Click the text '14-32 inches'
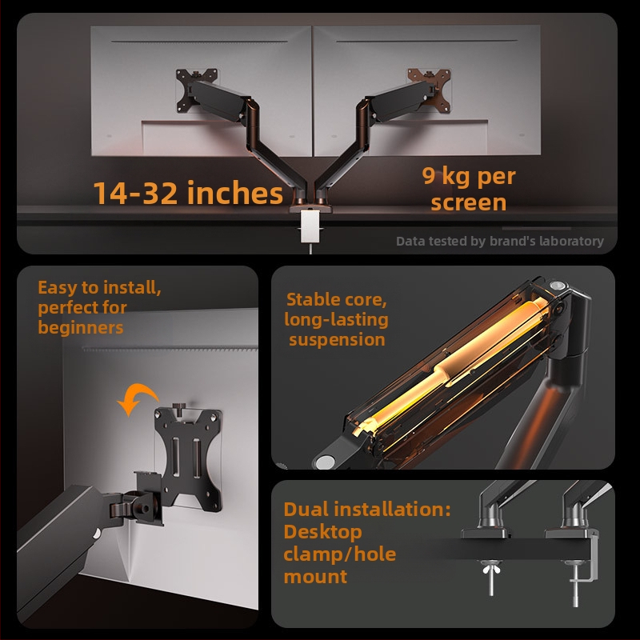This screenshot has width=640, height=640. point(188,193)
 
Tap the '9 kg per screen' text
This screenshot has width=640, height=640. point(469,189)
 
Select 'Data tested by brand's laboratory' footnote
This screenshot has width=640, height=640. point(499,242)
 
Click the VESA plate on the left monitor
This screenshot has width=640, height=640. point(196,90)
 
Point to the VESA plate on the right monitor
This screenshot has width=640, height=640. point(430,90)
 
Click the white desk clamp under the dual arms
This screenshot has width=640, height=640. point(310,226)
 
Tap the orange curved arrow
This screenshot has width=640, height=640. point(137,398)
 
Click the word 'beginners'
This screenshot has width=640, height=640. point(81,328)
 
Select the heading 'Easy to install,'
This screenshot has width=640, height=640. point(99,288)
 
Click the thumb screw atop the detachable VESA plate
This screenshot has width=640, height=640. point(179,407)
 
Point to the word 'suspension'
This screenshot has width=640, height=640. point(337,340)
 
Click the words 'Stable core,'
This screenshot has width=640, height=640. point(336,299)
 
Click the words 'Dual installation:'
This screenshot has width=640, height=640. point(367,510)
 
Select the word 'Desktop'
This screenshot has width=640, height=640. point(322,533)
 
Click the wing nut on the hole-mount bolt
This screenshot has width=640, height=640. point(491,568)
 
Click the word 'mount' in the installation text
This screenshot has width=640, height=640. point(315,577)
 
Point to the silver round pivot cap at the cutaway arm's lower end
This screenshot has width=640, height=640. point(326,462)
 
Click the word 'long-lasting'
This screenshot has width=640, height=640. point(336,320)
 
